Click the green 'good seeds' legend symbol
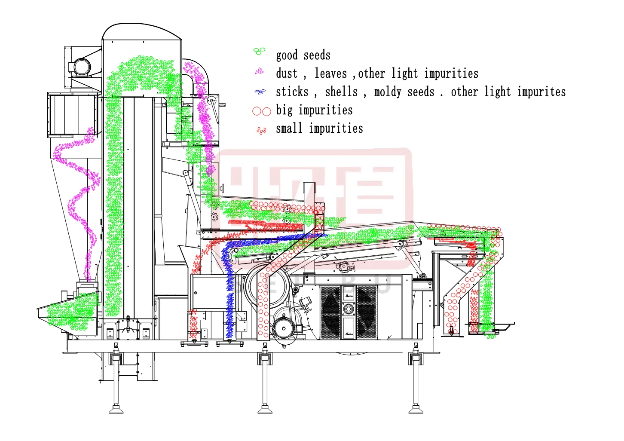coord(259,52)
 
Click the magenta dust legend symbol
coord(260,71)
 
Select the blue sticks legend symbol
coord(260,92)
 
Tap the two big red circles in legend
coord(262,111)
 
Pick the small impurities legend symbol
coord(261,130)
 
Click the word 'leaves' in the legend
coord(330,73)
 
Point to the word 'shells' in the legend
coord(341,92)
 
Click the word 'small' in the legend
coord(289,129)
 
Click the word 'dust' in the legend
coord(287,73)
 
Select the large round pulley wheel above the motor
coord(269,286)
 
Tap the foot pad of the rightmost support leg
coord(416,410)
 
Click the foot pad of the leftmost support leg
coord(116,410)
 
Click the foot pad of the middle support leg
coord(265,410)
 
